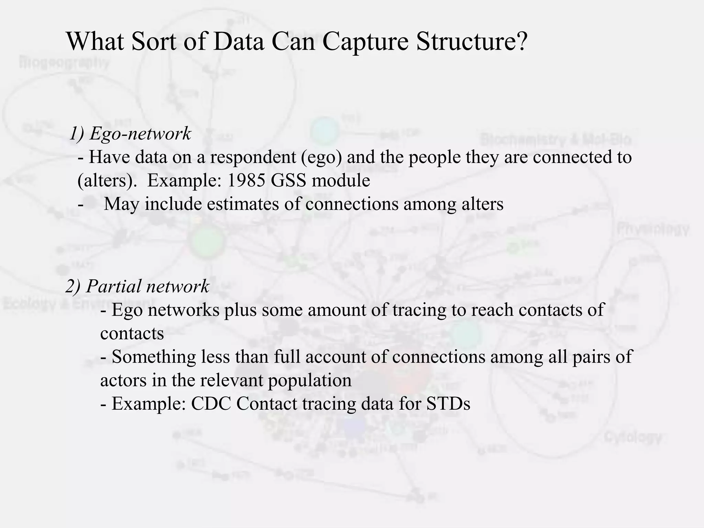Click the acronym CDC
pos(211,404)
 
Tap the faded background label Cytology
pos(632,437)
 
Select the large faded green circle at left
pos(207,241)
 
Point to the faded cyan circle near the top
pos(324,131)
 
